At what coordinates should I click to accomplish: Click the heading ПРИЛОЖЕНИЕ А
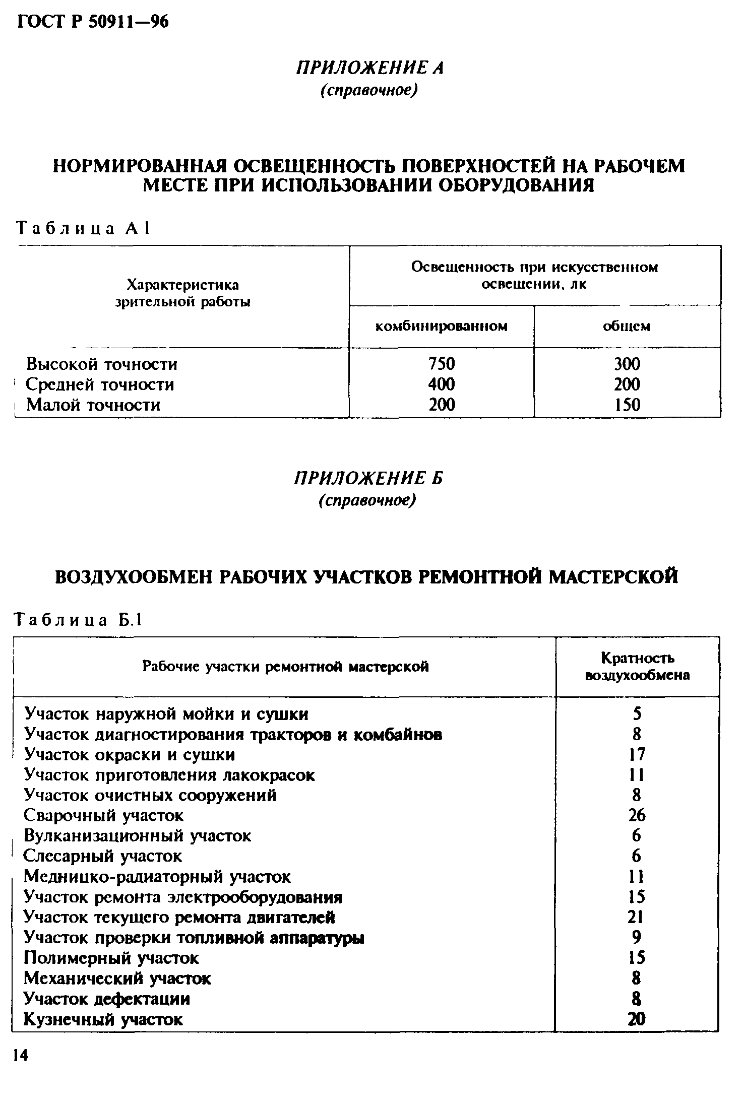pos(369,68)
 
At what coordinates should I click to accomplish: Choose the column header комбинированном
pos(442,327)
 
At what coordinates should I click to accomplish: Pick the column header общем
pos(627,327)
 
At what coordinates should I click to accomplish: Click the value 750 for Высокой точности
pos(442,363)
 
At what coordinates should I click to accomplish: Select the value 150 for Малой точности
pos(627,405)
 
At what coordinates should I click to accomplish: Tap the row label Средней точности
pos(100,384)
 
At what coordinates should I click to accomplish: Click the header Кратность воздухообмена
pos(637,667)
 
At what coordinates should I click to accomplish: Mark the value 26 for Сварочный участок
pos(637,815)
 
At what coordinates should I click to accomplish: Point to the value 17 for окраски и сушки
pos(637,754)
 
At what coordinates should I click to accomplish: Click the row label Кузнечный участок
pos(103,1019)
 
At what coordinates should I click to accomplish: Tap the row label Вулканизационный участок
pos(137,836)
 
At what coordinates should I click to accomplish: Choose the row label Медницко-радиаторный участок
pos(157,877)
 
